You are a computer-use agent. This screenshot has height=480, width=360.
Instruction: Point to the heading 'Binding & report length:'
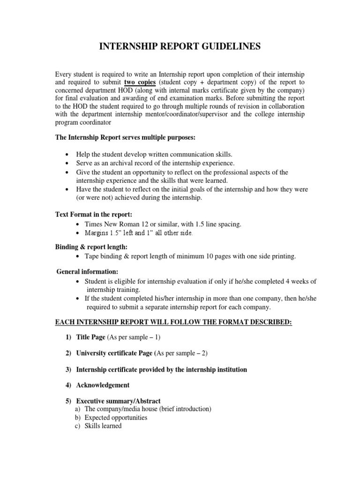point(88,247)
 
